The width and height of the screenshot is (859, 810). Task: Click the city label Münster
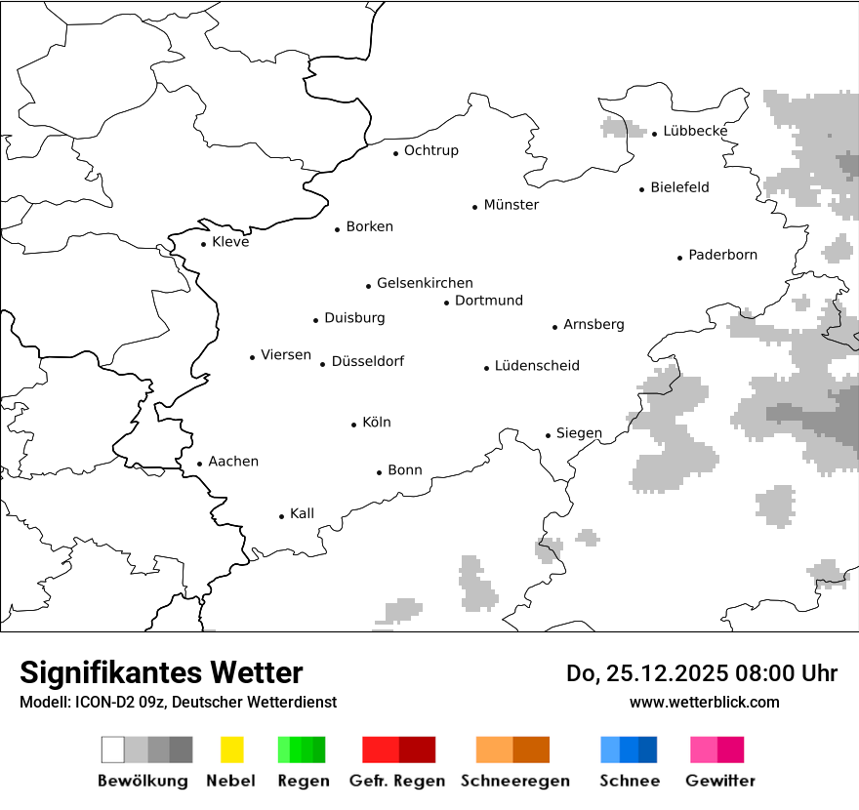click(511, 205)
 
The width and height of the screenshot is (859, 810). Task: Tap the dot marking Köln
click(354, 425)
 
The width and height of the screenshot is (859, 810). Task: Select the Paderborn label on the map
click(722, 255)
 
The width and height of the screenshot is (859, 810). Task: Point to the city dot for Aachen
click(200, 465)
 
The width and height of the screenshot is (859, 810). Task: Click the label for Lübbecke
click(695, 131)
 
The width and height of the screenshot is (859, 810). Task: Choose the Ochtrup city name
click(430, 150)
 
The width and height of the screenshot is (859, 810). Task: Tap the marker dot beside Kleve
click(204, 244)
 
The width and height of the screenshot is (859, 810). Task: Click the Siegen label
click(579, 433)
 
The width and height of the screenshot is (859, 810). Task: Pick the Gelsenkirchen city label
click(425, 283)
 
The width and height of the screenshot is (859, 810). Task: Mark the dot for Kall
click(282, 516)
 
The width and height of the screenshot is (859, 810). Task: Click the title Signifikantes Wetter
click(161, 672)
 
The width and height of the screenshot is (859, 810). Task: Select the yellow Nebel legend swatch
click(231, 749)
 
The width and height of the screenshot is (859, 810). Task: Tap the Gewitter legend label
click(720, 781)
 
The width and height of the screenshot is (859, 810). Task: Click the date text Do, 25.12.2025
click(647, 673)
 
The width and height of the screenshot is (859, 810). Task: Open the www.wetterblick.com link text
click(704, 702)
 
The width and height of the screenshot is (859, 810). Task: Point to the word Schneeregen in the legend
click(515, 781)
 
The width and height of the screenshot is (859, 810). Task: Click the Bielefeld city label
click(679, 187)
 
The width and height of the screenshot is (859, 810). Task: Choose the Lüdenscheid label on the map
click(537, 366)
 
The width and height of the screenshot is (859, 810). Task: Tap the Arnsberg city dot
click(555, 327)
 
